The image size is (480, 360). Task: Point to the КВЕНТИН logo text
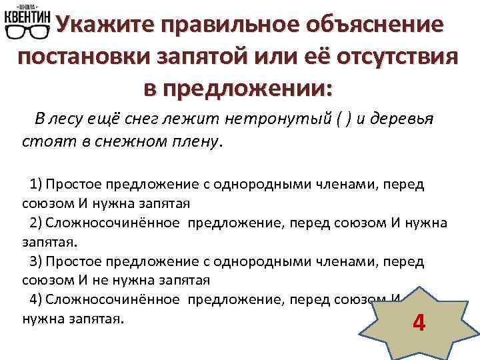tap(27, 16)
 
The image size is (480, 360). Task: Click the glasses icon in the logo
tap(26, 33)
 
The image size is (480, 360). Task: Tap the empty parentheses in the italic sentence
tap(342, 119)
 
